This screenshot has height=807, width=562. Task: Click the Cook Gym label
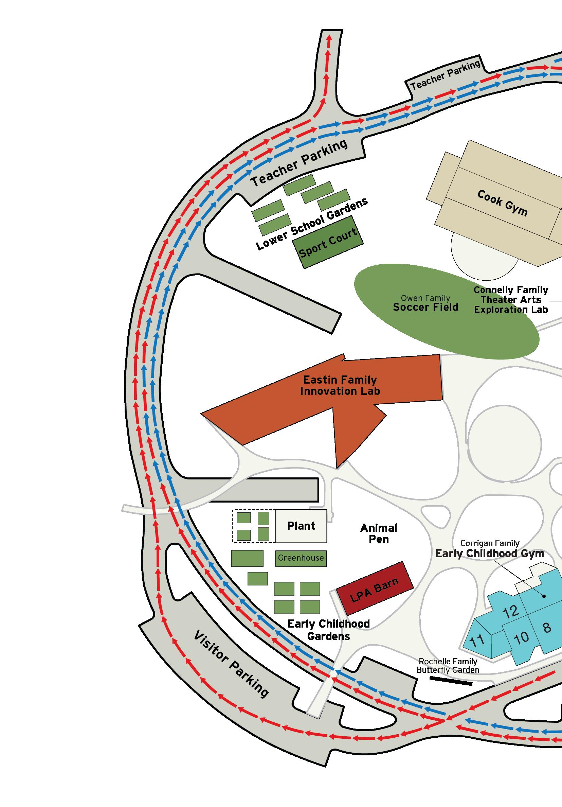502,203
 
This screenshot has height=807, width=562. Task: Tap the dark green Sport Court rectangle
328,242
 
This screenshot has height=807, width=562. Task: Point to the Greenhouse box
301,558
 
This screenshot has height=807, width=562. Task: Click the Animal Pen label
379,533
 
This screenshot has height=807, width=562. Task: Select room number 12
511,612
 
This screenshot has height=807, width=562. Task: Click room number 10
521,637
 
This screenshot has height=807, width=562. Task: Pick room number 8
547,627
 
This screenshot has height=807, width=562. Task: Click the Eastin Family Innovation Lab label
340,385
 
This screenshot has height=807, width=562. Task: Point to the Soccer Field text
425,307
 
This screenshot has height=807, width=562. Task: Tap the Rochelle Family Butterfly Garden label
448,666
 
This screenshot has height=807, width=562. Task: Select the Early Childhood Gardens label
328,630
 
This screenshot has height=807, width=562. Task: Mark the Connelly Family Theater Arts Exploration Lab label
511,300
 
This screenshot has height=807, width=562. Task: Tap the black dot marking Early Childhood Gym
544,596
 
